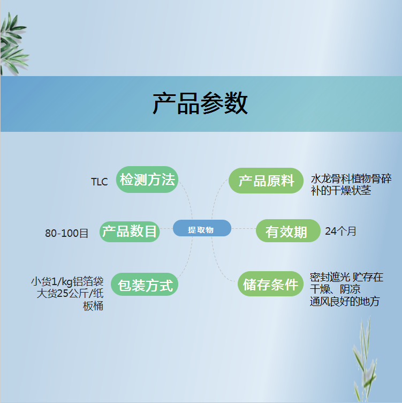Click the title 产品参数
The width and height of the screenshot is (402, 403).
pyautogui.click(x=200, y=103)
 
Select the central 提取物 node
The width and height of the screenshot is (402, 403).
pyautogui.click(x=202, y=228)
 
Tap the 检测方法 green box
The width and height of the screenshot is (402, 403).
pyautogui.click(x=147, y=180)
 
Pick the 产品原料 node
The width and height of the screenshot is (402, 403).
pyautogui.click(x=266, y=181)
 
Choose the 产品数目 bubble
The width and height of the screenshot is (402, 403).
pyautogui.click(x=130, y=232)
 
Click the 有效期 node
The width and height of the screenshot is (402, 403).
pyautogui.click(x=288, y=231)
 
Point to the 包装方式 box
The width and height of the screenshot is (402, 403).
pyautogui.click(x=145, y=284)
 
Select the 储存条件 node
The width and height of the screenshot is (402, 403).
pyautogui.click(x=270, y=283)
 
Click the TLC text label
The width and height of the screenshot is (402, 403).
pyautogui.click(x=100, y=182)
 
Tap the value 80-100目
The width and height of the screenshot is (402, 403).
pyautogui.click(x=67, y=233)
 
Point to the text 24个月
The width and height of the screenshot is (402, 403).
pyautogui.click(x=340, y=231)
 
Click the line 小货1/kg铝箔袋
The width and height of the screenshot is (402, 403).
pyautogui.click(x=67, y=282)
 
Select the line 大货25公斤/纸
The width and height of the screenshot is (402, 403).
pyautogui.click(x=70, y=294)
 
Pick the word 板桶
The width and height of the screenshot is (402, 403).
pyautogui.click(x=93, y=306)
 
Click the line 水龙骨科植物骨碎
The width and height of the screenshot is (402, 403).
pyautogui.click(x=351, y=178)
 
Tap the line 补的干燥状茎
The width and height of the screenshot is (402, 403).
pyautogui.click(x=341, y=190)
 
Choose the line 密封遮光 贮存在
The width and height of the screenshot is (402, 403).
pyautogui.click(x=346, y=277)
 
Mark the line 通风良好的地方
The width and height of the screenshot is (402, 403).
pyautogui.click(x=345, y=301)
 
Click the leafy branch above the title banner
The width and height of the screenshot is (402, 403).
pyautogui.click(x=13, y=44)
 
